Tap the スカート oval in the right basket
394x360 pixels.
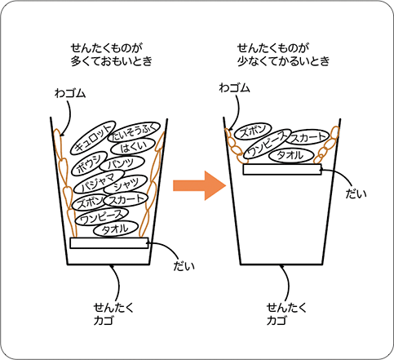308,137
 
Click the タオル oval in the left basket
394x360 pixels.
115,230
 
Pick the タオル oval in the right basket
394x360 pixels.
291,155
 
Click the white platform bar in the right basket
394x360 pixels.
281,170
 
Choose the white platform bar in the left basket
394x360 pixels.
108,243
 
